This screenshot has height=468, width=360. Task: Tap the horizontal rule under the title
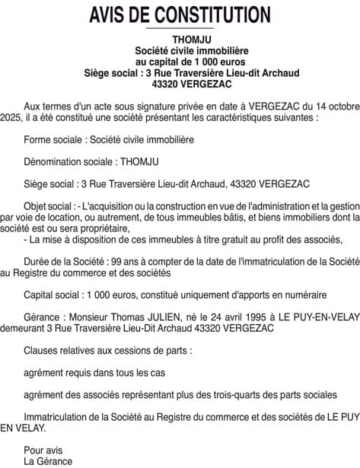pyautogui.click(x=180, y=28)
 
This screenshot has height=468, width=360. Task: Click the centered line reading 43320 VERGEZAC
pyautogui.click(x=180, y=84)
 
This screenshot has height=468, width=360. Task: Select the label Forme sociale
pyautogui.click(x=55, y=140)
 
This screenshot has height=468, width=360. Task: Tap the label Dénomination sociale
pyautogui.click(x=69, y=161)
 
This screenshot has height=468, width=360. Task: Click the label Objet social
pyautogui.click(x=49, y=205)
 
